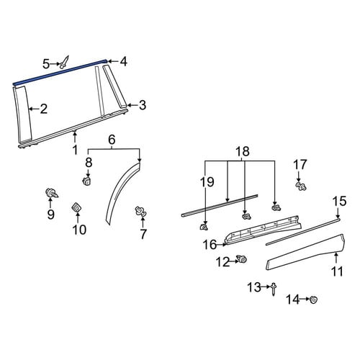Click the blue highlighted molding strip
click(x=60, y=72)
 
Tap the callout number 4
click(x=123, y=62)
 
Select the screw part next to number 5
click(x=64, y=63)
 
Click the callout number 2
click(x=44, y=109)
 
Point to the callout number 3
click(x=143, y=105)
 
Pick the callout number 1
click(x=76, y=150)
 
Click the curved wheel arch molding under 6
click(x=122, y=192)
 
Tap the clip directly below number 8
click(x=87, y=181)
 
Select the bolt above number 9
click(x=52, y=193)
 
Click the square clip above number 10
click(x=77, y=207)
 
